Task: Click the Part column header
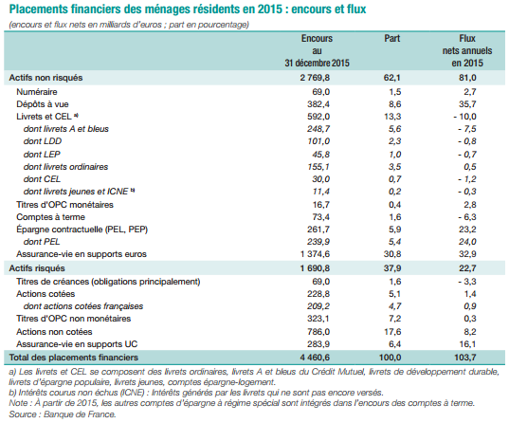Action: coord(391,38)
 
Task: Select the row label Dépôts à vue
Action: coord(43,104)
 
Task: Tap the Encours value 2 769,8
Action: coord(315,78)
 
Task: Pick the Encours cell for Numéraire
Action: coord(320,92)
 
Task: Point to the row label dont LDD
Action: coord(43,141)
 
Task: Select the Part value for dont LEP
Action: coord(394,155)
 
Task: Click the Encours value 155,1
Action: coord(318,167)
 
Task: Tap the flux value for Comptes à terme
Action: coord(467,217)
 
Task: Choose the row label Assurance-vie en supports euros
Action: coord(82,254)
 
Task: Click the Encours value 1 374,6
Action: coord(315,254)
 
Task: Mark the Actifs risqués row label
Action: coord(37,268)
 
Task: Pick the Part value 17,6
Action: coord(392,332)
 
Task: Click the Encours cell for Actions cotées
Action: coord(318,294)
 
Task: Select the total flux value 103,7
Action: coord(465,358)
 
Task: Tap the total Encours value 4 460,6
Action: coord(315,358)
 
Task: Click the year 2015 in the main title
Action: coord(270,9)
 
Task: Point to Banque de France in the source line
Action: coord(80,414)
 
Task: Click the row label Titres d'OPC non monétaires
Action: coord(74,319)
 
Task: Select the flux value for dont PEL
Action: coord(467,242)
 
